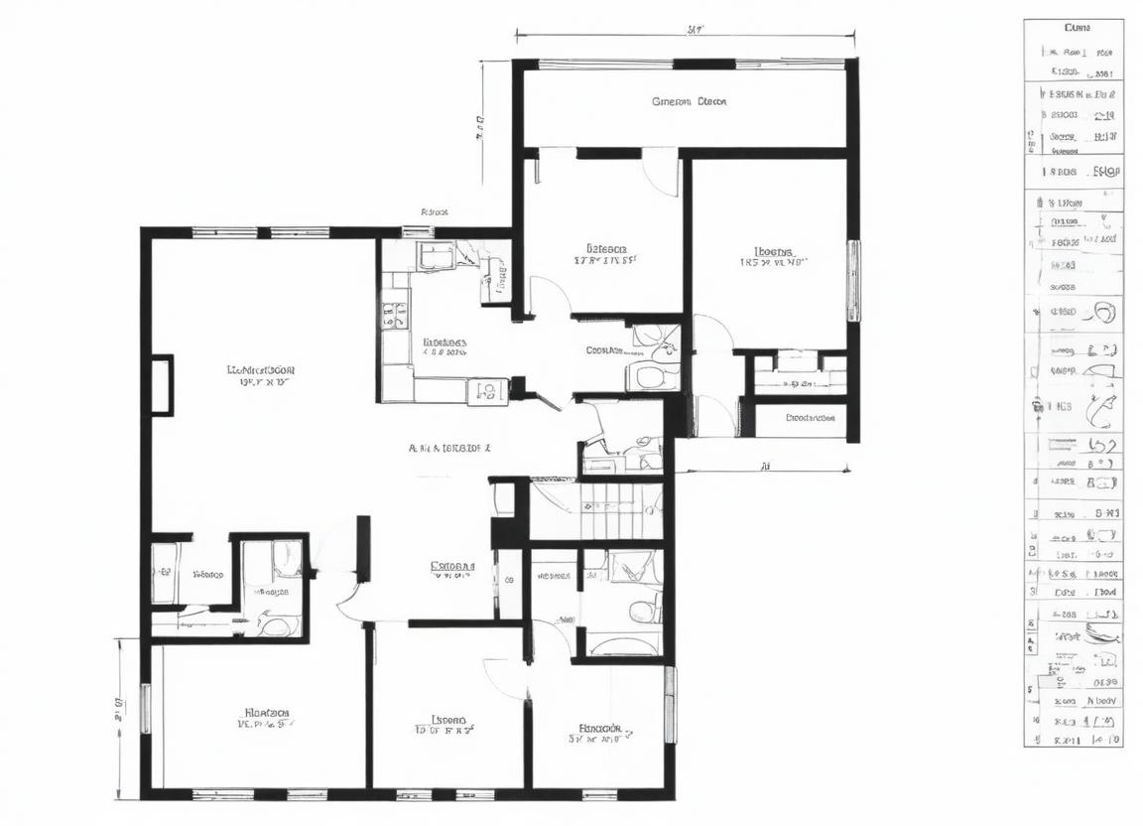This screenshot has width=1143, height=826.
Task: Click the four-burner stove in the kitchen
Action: pyautogui.click(x=394, y=315)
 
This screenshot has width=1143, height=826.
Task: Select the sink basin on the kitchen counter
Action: pyautogui.click(x=487, y=391)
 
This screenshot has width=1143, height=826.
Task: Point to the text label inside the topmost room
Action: pyautogui.click(x=689, y=101)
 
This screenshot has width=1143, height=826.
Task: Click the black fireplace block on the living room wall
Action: pyautogui.click(x=161, y=385)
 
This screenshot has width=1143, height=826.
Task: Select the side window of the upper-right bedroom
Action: pyautogui.click(x=852, y=280)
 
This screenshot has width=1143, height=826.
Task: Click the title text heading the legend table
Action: pyautogui.click(x=1077, y=28)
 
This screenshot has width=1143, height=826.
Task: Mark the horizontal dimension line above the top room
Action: pyautogui.click(x=685, y=37)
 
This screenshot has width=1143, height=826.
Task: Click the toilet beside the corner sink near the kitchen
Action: pyautogui.click(x=652, y=376)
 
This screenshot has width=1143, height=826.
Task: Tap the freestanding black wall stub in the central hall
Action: pyautogui.click(x=363, y=548)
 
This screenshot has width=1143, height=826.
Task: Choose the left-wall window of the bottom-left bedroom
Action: pyautogui.click(x=146, y=708)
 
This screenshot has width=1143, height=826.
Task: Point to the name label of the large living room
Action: pyautogui.click(x=261, y=369)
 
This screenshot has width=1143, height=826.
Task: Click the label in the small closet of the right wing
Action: pyautogui.click(x=810, y=418)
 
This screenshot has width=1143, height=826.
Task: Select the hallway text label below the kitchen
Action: pyautogui.click(x=448, y=448)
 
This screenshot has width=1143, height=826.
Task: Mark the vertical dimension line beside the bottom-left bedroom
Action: pyautogui.click(x=119, y=717)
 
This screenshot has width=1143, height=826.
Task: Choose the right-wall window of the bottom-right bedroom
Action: pyautogui.click(x=670, y=704)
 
